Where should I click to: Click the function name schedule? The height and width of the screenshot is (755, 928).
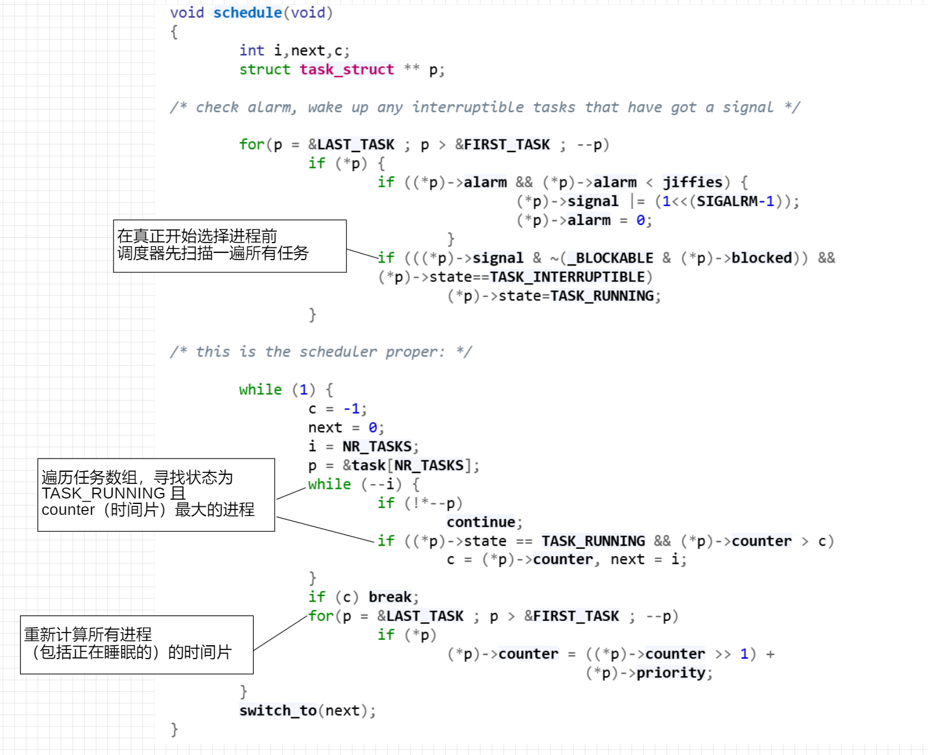pos(247,13)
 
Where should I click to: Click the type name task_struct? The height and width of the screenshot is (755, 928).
pos(347,69)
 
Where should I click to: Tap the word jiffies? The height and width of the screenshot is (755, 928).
pos(693,182)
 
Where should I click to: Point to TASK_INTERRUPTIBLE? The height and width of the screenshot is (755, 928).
pos(567,277)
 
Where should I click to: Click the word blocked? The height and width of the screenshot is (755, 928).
pos(762,258)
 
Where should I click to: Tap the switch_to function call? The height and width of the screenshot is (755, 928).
pos(278,711)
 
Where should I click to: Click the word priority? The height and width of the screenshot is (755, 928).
pos(671,673)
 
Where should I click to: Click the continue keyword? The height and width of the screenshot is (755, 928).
pos(481,522)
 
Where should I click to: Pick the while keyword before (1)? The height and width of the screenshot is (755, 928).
pos(261,389)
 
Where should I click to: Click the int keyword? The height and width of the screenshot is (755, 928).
pos(252,50)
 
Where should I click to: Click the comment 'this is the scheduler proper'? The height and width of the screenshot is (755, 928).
pos(321,352)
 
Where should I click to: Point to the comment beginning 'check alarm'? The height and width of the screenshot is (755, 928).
pos(485,107)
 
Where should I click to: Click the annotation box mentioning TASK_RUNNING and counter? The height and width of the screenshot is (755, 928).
pos(156,495)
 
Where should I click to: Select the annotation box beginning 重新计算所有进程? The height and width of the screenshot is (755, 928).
pos(137,645)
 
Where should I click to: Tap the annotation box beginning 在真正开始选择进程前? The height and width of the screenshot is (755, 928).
pos(230,246)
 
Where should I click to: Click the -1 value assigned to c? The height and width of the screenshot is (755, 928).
pos(352,409)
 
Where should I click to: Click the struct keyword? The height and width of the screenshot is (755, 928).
pos(265,69)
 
